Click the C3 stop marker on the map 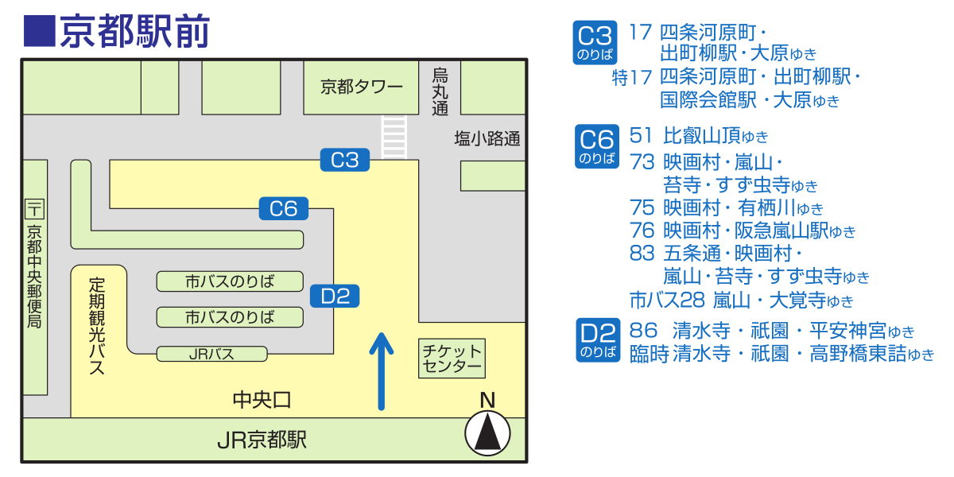[345, 160]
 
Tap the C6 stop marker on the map [284, 209]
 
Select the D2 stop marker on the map [335, 297]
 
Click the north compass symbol [487, 434]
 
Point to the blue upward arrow [382, 370]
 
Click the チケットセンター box [452, 359]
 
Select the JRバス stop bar [211, 354]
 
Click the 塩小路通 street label [487, 139]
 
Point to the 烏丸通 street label [440, 91]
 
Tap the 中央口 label [262, 399]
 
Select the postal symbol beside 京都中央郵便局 [35, 210]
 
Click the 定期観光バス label [97, 326]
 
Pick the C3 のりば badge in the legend [595, 43]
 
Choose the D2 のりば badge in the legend [597, 340]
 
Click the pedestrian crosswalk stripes [394, 137]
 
